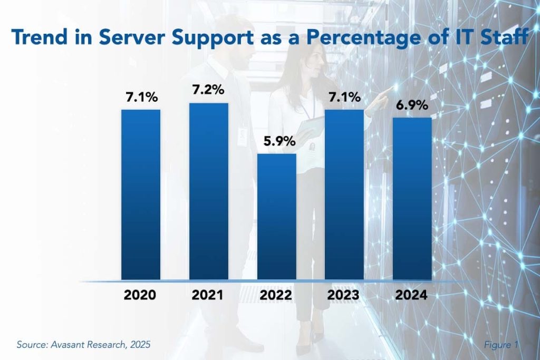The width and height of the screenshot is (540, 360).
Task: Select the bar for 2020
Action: tap(141, 195)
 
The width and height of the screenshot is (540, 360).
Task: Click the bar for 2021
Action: tap(209, 191)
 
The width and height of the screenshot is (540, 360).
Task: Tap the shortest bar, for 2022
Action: tap(277, 217)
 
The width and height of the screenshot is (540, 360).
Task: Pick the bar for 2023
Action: tap(344, 195)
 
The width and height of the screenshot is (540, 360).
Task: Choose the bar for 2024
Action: tap(412, 199)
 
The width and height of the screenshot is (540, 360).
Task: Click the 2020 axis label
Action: tap(141, 296)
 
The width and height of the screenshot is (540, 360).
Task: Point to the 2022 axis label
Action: tap(277, 296)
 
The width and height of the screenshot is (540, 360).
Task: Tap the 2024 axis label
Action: tap(413, 296)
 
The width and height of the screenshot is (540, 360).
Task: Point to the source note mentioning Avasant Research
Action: tap(83, 345)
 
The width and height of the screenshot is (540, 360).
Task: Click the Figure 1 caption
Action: tap(502, 345)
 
